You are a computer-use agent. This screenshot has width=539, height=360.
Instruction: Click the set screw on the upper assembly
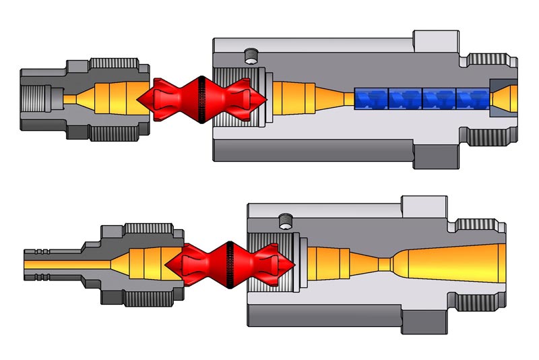(x=253, y=55)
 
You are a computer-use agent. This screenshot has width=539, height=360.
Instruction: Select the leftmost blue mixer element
(x=371, y=98)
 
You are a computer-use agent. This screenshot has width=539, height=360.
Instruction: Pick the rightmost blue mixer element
(x=473, y=98)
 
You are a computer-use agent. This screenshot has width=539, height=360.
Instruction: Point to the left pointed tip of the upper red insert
(x=140, y=100)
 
